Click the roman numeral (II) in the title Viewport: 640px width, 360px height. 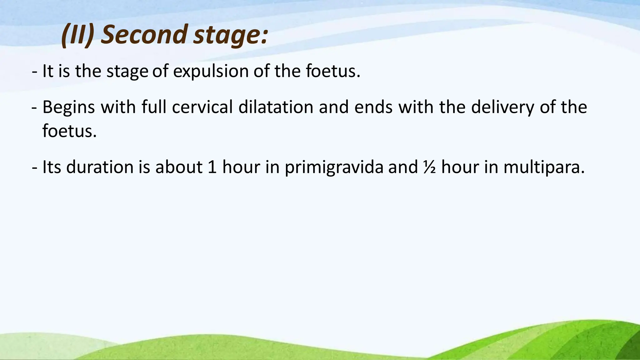coord(78,35)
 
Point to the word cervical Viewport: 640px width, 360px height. coord(202,107)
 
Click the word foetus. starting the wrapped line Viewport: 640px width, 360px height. coord(69,131)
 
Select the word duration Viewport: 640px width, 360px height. coord(100,167)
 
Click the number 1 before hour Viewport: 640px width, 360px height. coord(212,167)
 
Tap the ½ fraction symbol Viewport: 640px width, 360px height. coord(430,167)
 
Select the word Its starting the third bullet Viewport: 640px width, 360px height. coord(52,167)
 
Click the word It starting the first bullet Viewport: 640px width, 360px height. coord(47,71)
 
